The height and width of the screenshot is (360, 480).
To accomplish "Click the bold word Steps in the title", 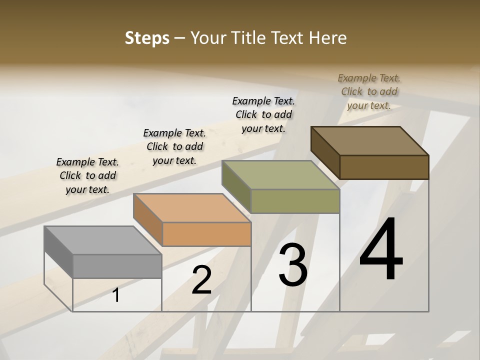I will click(x=147, y=38).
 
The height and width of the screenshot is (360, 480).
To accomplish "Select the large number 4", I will click(x=381, y=249).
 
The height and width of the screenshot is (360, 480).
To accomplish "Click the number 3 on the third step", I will click(x=292, y=265).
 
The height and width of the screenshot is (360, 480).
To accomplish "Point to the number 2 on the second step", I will click(x=201, y=280).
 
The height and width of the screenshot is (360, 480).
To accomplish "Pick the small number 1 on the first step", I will click(x=116, y=295).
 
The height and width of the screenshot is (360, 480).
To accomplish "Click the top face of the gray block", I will click(x=102, y=240).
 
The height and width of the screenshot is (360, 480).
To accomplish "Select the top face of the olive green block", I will click(x=280, y=175).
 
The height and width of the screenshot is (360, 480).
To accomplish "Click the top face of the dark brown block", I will click(x=369, y=141).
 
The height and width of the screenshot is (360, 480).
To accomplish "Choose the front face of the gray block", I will click(x=117, y=266).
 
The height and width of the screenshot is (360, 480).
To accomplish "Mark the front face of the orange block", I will click(x=206, y=234).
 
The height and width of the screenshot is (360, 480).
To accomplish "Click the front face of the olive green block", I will click(x=295, y=201).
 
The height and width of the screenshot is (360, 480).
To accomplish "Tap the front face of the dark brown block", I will click(x=384, y=167).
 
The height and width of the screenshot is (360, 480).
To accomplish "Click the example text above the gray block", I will click(x=87, y=175).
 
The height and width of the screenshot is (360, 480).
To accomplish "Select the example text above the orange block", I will click(x=174, y=146).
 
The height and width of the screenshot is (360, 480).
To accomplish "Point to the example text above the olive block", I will click(x=263, y=114).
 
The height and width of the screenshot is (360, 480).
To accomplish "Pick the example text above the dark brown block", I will click(x=369, y=91).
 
